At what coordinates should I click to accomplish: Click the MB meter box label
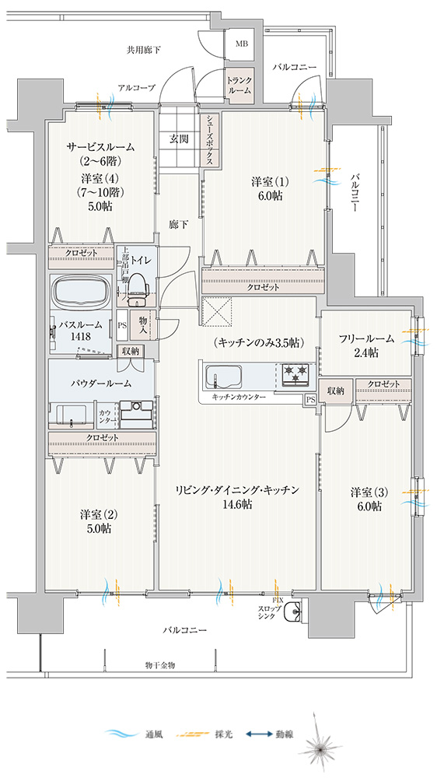[x=241, y=44]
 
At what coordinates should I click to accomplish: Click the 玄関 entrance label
[x=179, y=139]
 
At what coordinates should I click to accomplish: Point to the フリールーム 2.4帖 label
[x=366, y=346]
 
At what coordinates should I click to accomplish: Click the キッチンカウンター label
[x=238, y=398]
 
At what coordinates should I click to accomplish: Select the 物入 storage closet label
[x=142, y=324]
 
